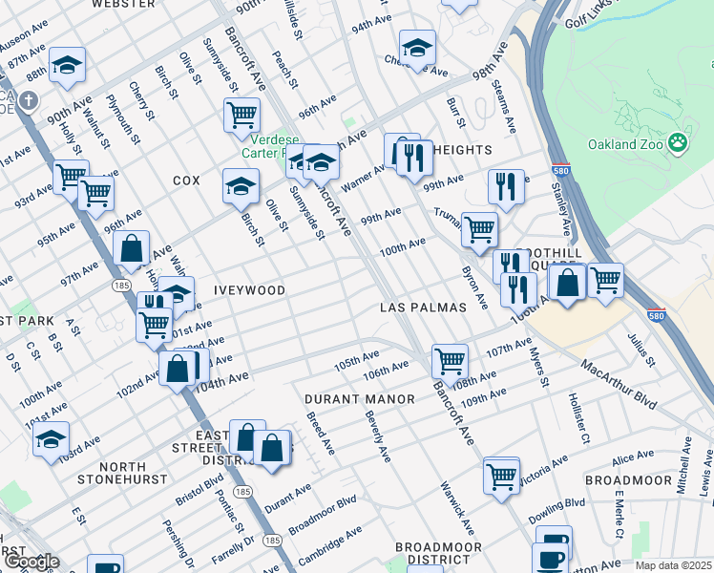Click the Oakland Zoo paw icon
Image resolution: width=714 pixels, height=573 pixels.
tap(678, 142)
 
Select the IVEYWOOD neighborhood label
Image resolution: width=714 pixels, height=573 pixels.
tap(251, 289)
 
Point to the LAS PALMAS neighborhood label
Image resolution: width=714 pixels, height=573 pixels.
tap(422, 308)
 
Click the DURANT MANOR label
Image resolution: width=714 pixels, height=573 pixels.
tap(360, 398)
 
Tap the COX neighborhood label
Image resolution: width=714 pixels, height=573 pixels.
tap(186, 180)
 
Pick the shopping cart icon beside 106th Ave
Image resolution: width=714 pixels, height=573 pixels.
tap(450, 361)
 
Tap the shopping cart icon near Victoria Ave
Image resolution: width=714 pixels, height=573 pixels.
tap(501, 474)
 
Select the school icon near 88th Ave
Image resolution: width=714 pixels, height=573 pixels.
tap(67, 64)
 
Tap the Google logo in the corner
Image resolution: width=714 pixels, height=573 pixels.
tap(31, 562)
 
